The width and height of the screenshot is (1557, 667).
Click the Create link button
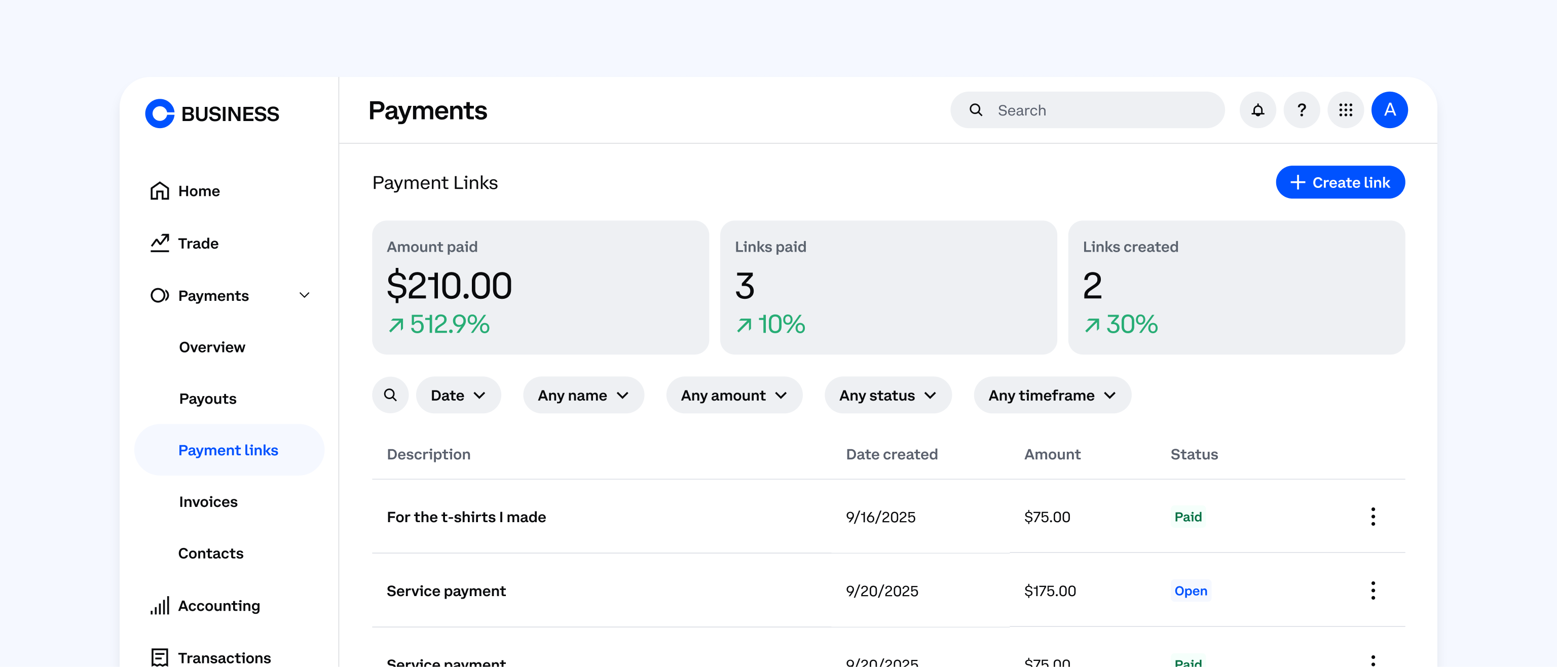coord(1340,182)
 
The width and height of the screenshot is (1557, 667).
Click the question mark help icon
coord(1302,110)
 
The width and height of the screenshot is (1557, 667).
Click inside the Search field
coord(1094,110)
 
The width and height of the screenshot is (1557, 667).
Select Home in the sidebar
coord(198,191)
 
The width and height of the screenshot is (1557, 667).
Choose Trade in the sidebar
coord(198,244)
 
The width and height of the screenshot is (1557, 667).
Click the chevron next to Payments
coord(305,295)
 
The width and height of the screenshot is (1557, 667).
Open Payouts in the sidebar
coord(207,399)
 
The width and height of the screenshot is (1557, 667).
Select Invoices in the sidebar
coord(208,502)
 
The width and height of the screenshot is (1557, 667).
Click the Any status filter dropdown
coord(887,396)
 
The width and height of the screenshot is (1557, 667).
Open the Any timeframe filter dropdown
coord(1052,396)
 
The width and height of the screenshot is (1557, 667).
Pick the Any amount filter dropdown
coord(734,396)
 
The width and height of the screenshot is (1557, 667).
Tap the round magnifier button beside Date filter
coord(390,396)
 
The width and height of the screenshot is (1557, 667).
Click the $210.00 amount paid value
coord(449,286)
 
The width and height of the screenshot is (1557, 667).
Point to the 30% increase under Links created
coord(1121,325)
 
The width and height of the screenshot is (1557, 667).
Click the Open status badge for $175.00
coord(1190,591)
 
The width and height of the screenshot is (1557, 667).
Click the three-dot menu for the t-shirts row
coord(1373,517)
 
